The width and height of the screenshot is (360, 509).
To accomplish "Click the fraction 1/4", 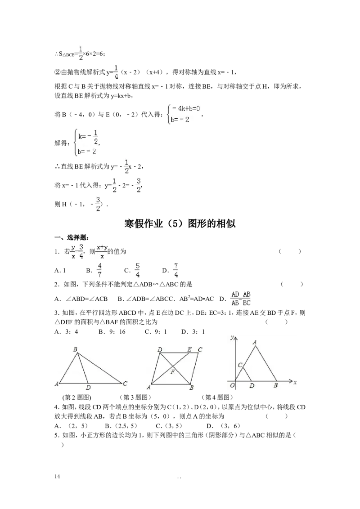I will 115,72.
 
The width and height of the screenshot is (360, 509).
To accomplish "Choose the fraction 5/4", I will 137,270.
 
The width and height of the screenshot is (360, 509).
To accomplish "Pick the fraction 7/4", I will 176,270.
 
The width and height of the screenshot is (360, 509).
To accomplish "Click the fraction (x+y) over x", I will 102,251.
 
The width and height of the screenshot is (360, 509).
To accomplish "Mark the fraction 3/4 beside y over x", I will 81,251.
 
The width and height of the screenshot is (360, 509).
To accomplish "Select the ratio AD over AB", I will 234,299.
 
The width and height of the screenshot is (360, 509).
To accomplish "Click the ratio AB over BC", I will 247,299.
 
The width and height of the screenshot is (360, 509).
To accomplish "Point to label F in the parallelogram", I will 172,372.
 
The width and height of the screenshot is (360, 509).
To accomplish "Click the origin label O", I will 232,385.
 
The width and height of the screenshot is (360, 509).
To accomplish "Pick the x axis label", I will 295,383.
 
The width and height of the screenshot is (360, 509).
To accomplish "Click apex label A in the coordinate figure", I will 255,342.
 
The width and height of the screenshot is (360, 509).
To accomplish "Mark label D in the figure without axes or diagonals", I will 88,388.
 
